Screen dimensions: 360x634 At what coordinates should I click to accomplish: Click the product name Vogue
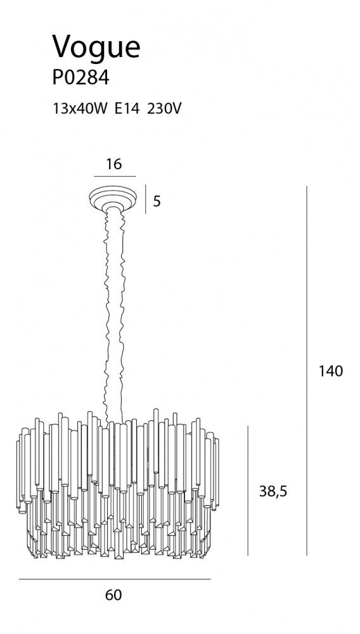[x=96, y=48]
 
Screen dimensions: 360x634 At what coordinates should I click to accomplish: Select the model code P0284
[x=80, y=77]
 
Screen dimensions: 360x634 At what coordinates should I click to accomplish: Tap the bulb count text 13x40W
[x=80, y=108]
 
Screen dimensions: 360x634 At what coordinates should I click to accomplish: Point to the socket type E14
[x=127, y=108]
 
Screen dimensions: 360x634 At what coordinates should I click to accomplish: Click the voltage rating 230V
[x=164, y=108]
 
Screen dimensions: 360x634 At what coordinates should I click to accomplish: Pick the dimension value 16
[x=113, y=164]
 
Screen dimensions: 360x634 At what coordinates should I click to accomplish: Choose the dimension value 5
[x=157, y=201]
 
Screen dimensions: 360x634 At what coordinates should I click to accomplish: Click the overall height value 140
[x=330, y=371]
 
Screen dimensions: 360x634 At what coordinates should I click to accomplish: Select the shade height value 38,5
[x=273, y=491]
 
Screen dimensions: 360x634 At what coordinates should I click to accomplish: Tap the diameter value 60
[x=113, y=595]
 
